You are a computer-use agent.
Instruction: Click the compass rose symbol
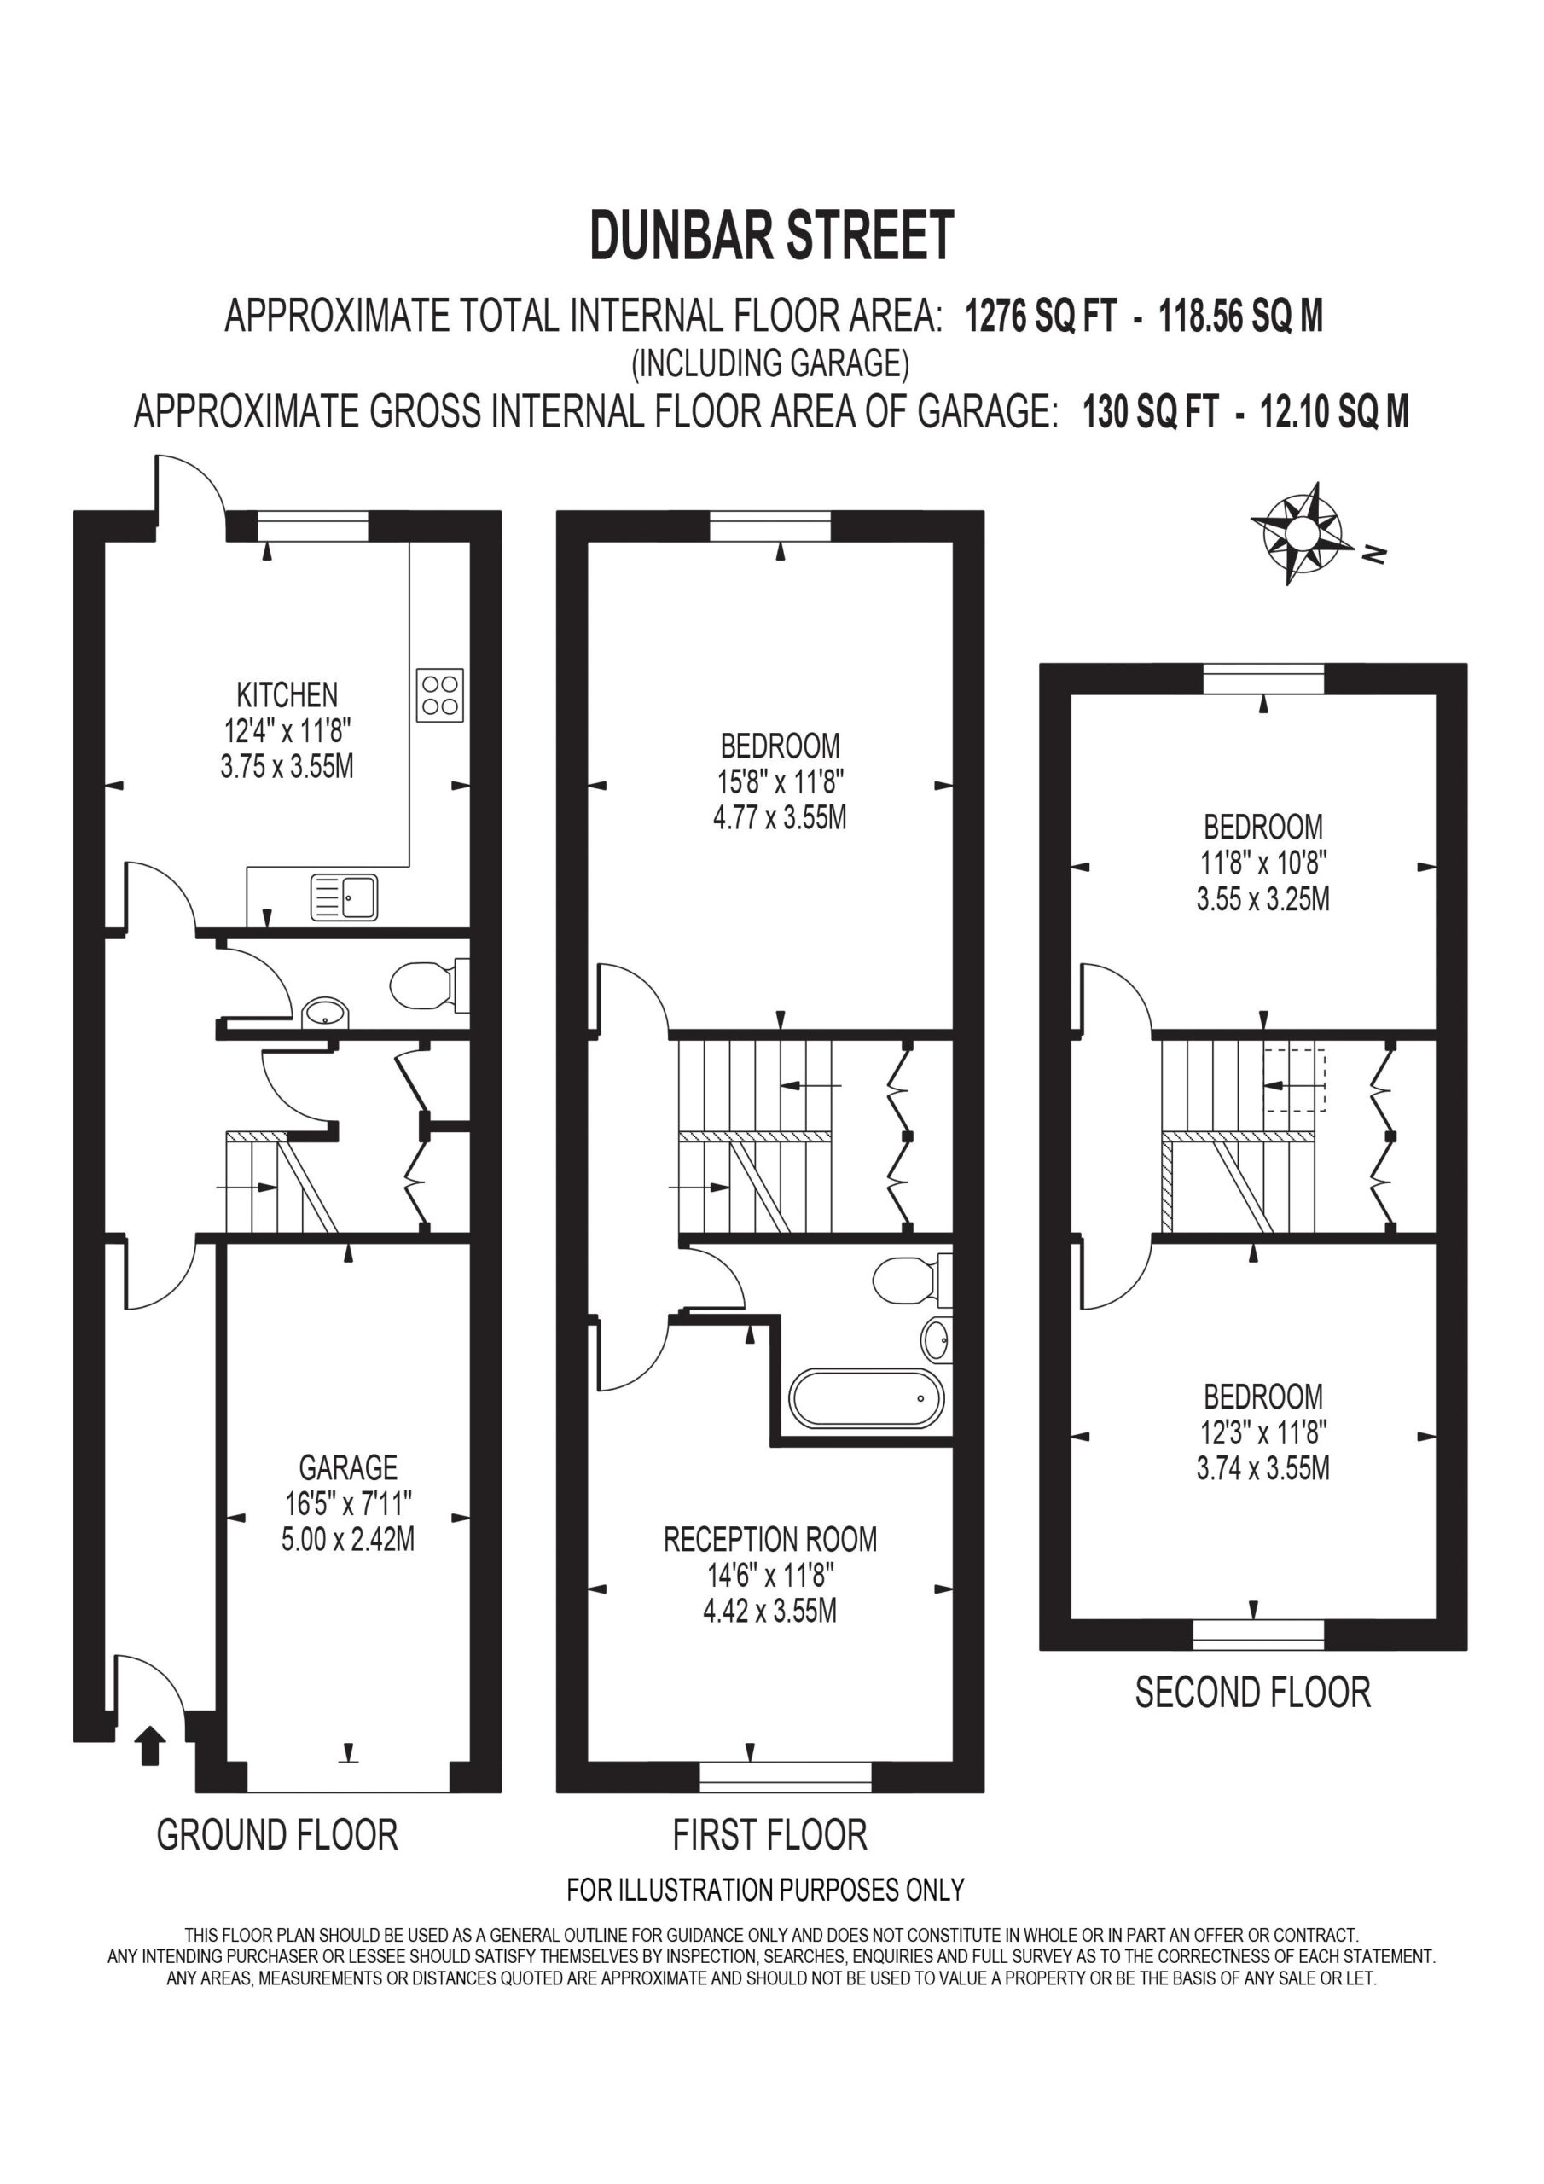1302,532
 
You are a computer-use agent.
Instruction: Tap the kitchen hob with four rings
440,694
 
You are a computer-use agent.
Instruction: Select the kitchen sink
344,897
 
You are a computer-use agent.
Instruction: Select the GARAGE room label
348,1467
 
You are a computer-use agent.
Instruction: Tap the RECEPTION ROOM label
769,1539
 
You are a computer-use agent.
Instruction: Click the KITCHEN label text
287,694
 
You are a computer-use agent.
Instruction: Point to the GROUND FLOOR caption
277,1835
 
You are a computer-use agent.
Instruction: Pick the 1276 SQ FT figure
1041,315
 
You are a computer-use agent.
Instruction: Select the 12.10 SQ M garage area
1335,412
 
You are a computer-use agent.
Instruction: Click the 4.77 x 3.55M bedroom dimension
780,817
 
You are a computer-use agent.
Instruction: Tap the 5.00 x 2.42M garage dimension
348,1539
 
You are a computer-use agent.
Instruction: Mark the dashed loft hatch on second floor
1294,1078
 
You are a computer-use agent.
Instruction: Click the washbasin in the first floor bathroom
936,1341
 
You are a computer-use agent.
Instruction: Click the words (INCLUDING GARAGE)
770,363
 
